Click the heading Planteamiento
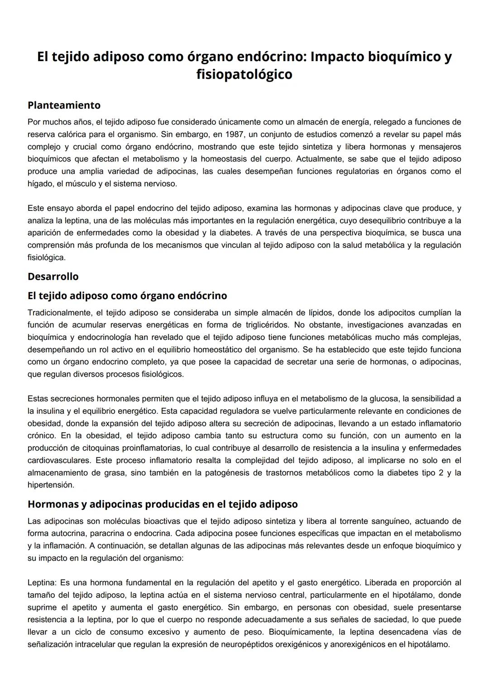[x=64, y=105]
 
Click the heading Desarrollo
[x=53, y=276]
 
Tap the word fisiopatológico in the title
[x=244, y=74]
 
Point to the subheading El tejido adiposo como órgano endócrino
[x=127, y=295]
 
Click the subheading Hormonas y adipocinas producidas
[x=163, y=504]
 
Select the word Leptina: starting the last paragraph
[x=42, y=582]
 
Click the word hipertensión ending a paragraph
[x=50, y=485]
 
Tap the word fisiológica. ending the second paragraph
[x=46, y=257]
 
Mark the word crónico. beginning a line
[x=42, y=436]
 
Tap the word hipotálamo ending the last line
[x=428, y=644]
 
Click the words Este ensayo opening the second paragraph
[x=50, y=208]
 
